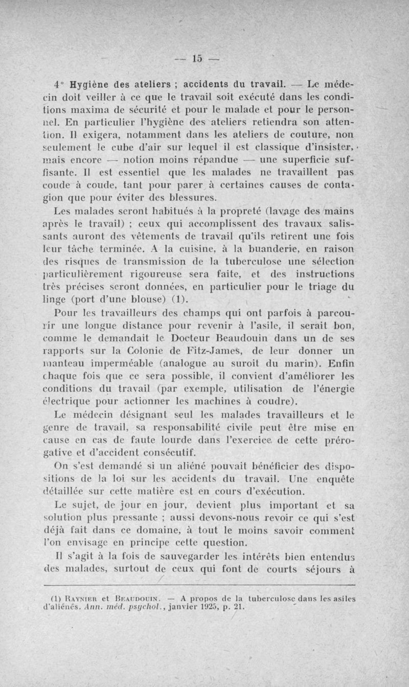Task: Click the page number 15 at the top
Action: [197, 58]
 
